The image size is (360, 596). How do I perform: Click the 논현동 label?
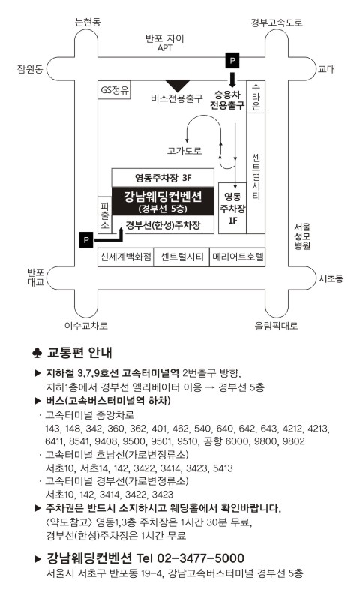[x=88, y=22]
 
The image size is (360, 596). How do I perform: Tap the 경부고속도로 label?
[x=277, y=23]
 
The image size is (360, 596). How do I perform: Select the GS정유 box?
[x=114, y=90]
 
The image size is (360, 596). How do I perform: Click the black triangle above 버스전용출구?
[x=177, y=86]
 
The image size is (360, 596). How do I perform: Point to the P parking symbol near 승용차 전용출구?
[x=232, y=61]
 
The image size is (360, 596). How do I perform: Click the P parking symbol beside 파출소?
[x=86, y=240]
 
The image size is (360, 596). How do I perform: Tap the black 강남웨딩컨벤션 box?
[x=163, y=201]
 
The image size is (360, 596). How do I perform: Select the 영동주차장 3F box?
[x=163, y=177]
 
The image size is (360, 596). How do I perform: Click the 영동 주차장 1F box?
[x=232, y=208]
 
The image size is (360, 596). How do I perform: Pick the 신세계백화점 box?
[x=126, y=257]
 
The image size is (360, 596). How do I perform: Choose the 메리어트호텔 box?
[x=237, y=257]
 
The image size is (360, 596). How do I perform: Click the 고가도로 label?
[x=184, y=151]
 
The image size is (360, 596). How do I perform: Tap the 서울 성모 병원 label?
[x=302, y=236]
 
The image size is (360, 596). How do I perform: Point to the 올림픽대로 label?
[x=277, y=326]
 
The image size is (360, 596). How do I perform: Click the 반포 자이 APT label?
[x=165, y=43]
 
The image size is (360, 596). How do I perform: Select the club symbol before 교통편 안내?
[x=37, y=353]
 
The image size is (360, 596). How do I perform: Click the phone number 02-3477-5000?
[x=200, y=558]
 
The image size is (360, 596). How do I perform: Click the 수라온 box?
[x=256, y=97]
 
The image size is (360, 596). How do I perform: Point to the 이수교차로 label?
[x=86, y=326]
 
